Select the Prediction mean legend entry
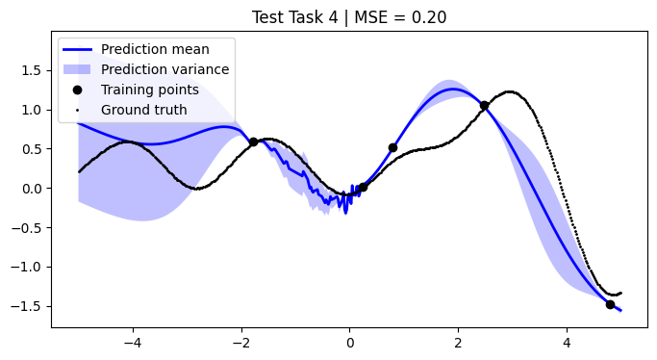coord(155,49)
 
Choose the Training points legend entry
coord(150,90)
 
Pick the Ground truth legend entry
coord(144,110)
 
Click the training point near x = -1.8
coord(254,141)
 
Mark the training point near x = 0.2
coord(363,187)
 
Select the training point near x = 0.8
coord(392,147)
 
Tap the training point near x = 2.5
coord(484,106)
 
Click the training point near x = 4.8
coord(610,304)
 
